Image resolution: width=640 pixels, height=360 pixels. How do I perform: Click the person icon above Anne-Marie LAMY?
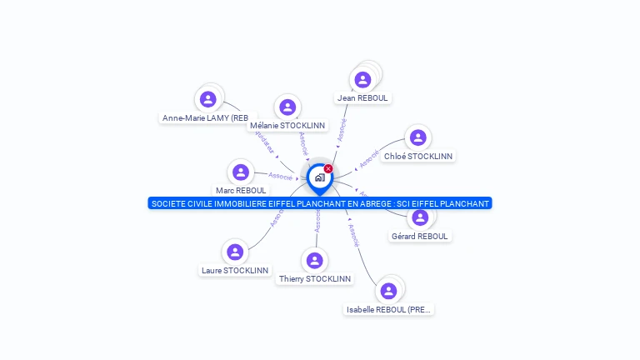point(208,99)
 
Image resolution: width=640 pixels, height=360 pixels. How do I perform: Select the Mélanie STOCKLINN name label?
point(287,126)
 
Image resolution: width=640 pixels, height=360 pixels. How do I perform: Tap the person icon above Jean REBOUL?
point(362,80)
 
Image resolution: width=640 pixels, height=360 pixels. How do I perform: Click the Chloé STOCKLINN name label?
point(418,156)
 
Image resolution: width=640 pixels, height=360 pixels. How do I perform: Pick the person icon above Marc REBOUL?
point(241,172)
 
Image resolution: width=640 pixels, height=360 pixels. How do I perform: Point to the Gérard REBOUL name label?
point(419,236)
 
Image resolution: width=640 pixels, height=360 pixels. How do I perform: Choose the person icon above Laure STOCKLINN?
point(235,252)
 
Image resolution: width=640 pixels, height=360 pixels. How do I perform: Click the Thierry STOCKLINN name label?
point(315,278)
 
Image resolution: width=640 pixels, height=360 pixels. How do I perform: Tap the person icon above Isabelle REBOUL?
point(388,291)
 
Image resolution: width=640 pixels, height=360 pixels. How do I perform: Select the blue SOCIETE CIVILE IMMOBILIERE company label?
point(320,203)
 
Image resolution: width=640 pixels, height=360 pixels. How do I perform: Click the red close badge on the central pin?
point(328,168)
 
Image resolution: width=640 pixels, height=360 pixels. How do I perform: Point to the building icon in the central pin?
point(319,177)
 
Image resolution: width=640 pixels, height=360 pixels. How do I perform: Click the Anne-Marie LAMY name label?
point(206,118)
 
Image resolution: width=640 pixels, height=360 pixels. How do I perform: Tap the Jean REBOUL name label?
point(362,98)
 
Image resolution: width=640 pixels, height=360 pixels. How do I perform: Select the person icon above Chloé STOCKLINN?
point(418,137)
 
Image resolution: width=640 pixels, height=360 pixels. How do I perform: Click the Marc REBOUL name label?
point(241,191)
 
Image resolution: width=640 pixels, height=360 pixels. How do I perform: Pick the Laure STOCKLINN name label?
point(235,270)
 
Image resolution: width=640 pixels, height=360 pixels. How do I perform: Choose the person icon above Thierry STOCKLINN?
point(315,260)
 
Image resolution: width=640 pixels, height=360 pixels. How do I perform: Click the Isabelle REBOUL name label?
point(389,309)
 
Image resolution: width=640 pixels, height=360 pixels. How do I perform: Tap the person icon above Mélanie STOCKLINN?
point(287,107)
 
